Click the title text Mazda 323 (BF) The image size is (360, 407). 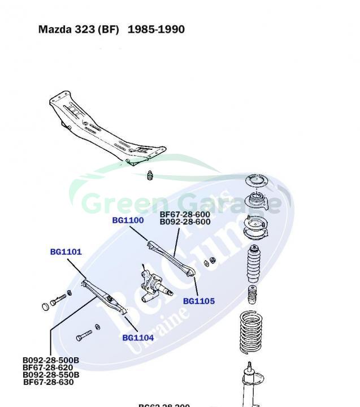pyautogui.click(x=79, y=29)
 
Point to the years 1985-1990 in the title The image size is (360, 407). pyautogui.click(x=156, y=29)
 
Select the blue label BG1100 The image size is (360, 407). pyautogui.click(x=128, y=220)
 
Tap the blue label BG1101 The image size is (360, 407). pyautogui.click(x=66, y=252)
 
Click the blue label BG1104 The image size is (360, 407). pyautogui.click(x=138, y=338)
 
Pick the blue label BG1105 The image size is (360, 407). pyautogui.click(x=199, y=301)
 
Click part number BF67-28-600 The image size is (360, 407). pyautogui.click(x=185, y=215)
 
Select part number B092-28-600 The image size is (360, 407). pyautogui.click(x=185, y=222)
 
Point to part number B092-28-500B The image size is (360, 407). pyautogui.click(x=51, y=360)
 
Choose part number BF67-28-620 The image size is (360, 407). pyautogui.click(x=48, y=367)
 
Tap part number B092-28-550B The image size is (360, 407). pyautogui.click(x=51, y=375)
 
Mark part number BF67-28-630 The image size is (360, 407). pyautogui.click(x=48, y=382)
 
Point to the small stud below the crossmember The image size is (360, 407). pyautogui.click(x=150, y=175)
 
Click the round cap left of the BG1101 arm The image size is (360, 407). pyautogui.click(x=46, y=307)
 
